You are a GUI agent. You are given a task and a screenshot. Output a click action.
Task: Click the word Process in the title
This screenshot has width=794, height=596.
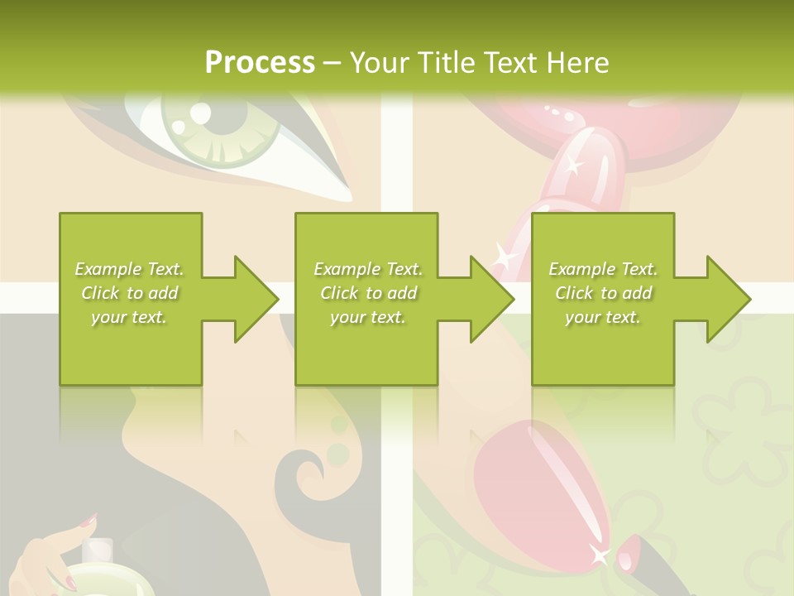(x=260, y=63)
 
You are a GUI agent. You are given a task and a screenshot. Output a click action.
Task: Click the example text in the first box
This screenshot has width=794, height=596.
(x=129, y=293)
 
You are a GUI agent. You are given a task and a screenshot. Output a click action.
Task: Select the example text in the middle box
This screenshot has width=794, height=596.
(x=367, y=293)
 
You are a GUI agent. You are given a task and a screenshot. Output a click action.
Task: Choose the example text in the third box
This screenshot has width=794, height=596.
(x=603, y=293)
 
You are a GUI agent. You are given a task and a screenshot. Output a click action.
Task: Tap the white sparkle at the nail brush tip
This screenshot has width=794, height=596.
(x=599, y=555)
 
